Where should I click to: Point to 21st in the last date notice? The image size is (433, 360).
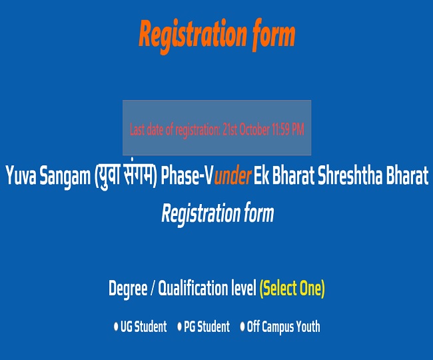point(232,129)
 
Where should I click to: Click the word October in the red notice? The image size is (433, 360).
point(259,129)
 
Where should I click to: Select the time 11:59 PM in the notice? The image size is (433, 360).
point(290,129)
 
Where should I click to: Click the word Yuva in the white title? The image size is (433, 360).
point(21,177)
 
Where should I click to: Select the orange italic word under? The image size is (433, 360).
point(232,177)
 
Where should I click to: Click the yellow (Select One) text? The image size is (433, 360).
point(292,289)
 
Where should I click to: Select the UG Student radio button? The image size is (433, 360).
point(116,327)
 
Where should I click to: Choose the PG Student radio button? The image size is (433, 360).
point(179,327)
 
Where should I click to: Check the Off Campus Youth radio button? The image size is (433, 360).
point(242,327)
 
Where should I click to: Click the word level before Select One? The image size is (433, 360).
point(244,289)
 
